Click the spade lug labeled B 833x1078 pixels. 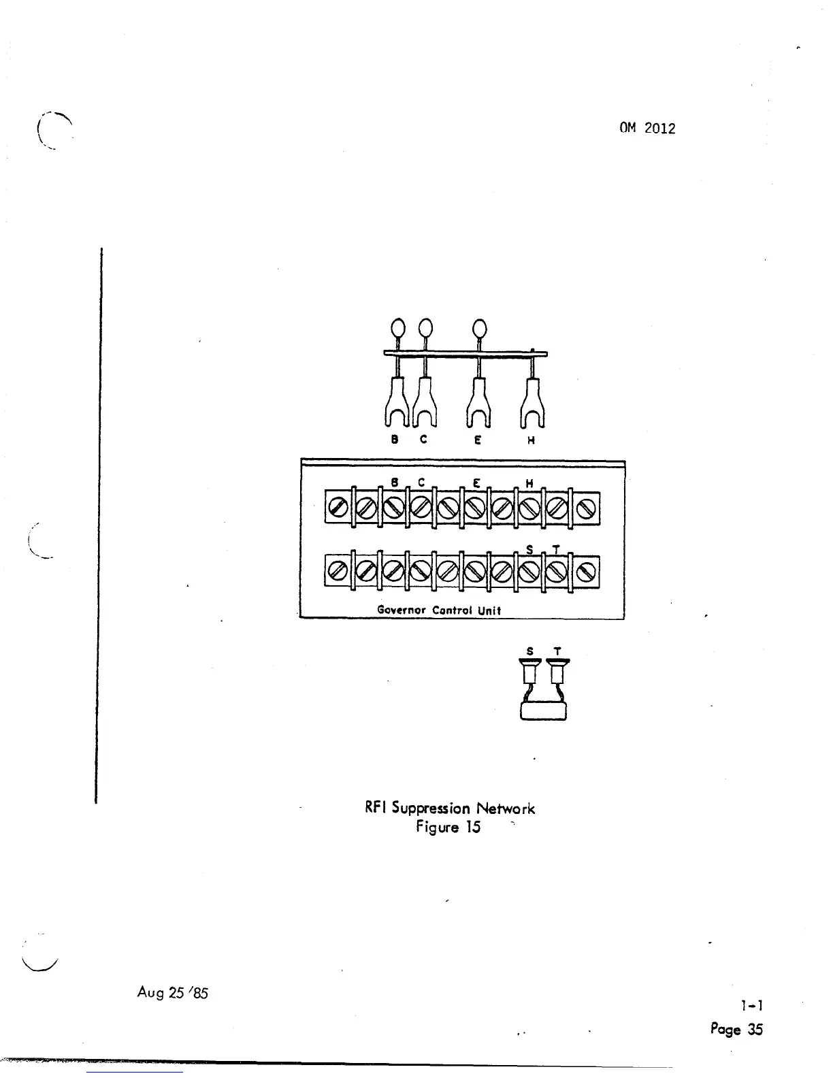[x=396, y=407]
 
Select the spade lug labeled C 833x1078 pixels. [x=423, y=407]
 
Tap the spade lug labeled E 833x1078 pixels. [x=478, y=407]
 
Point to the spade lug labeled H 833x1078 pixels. [x=532, y=407]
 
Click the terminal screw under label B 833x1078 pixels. [x=393, y=507]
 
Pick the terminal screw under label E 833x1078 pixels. [x=476, y=507]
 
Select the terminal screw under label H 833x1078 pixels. [x=530, y=507]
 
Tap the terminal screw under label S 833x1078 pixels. [x=530, y=571]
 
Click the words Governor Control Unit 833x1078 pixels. [x=439, y=610]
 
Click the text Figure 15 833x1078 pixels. [x=448, y=827]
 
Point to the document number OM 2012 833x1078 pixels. [x=647, y=128]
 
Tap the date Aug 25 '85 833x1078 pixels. [x=172, y=992]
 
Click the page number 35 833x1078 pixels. [x=755, y=1029]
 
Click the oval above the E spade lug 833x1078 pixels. [x=479, y=329]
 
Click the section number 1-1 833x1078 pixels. [x=752, y=1005]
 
